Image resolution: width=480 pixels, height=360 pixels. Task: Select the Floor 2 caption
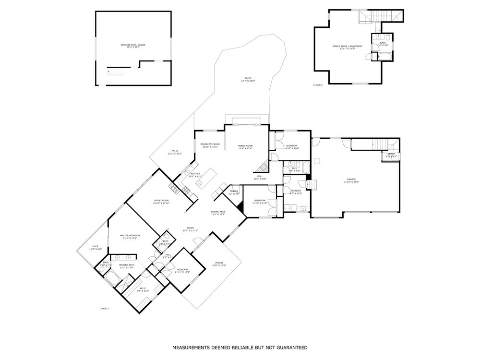click(318, 85)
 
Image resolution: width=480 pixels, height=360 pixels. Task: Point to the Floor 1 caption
click(104, 308)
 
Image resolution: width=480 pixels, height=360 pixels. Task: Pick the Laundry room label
click(296, 192)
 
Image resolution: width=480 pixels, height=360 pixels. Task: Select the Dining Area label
click(218, 213)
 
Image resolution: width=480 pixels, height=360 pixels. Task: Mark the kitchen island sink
click(199, 170)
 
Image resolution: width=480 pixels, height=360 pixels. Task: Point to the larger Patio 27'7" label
click(248, 79)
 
